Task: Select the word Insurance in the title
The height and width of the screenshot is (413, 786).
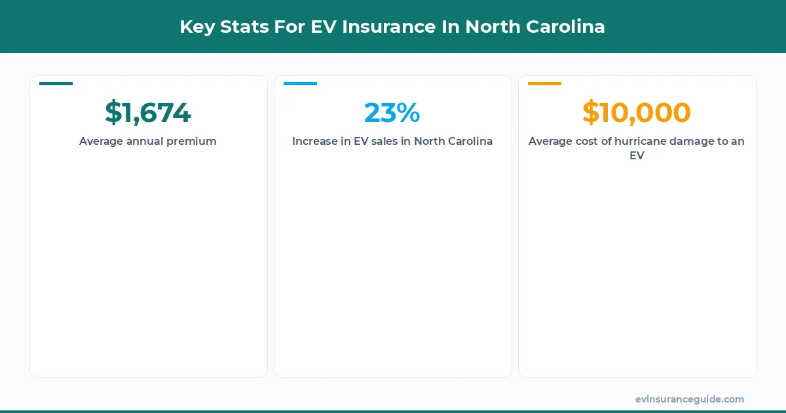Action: (x=388, y=27)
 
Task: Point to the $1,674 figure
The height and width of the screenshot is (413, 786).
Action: (x=148, y=113)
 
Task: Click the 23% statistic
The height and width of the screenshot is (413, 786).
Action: (x=392, y=113)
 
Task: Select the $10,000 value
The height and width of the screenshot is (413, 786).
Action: (x=636, y=113)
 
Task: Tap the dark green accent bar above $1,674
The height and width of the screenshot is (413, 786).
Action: (x=56, y=83)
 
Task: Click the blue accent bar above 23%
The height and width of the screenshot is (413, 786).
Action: (x=300, y=83)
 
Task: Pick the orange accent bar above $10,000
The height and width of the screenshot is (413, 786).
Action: (x=544, y=83)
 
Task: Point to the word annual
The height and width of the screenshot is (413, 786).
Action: (x=145, y=142)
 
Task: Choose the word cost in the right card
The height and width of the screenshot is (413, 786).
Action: (x=582, y=142)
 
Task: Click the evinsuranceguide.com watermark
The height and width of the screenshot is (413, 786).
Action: (x=689, y=399)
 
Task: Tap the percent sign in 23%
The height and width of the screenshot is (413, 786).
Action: (x=408, y=113)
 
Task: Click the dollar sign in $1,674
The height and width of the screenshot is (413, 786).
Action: (x=113, y=113)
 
